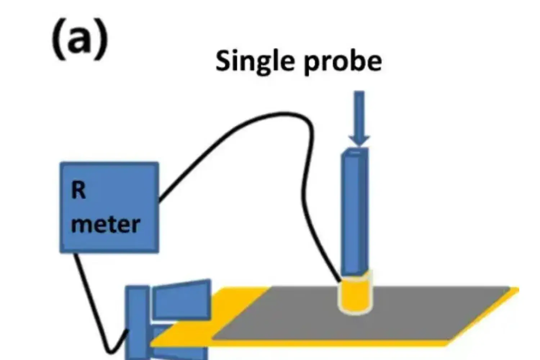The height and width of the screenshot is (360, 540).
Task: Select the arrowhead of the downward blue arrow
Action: (359, 140)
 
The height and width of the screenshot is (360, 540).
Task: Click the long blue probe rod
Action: (355, 212)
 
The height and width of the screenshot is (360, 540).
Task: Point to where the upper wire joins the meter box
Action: (159, 200)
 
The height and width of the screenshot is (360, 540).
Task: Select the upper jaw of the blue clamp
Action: (182, 299)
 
